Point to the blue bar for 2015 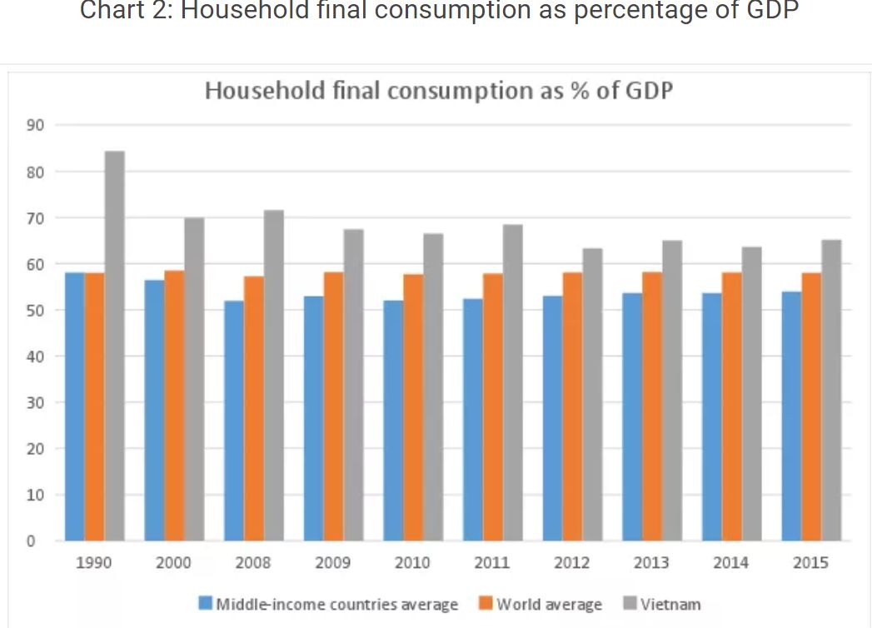(x=791, y=416)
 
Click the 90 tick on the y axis (x=36, y=126)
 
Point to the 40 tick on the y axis (x=36, y=356)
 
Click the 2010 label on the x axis (x=412, y=563)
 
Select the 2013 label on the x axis (x=651, y=563)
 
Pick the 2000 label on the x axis (x=173, y=563)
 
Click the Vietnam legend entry (x=670, y=604)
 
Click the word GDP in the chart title (x=647, y=90)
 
